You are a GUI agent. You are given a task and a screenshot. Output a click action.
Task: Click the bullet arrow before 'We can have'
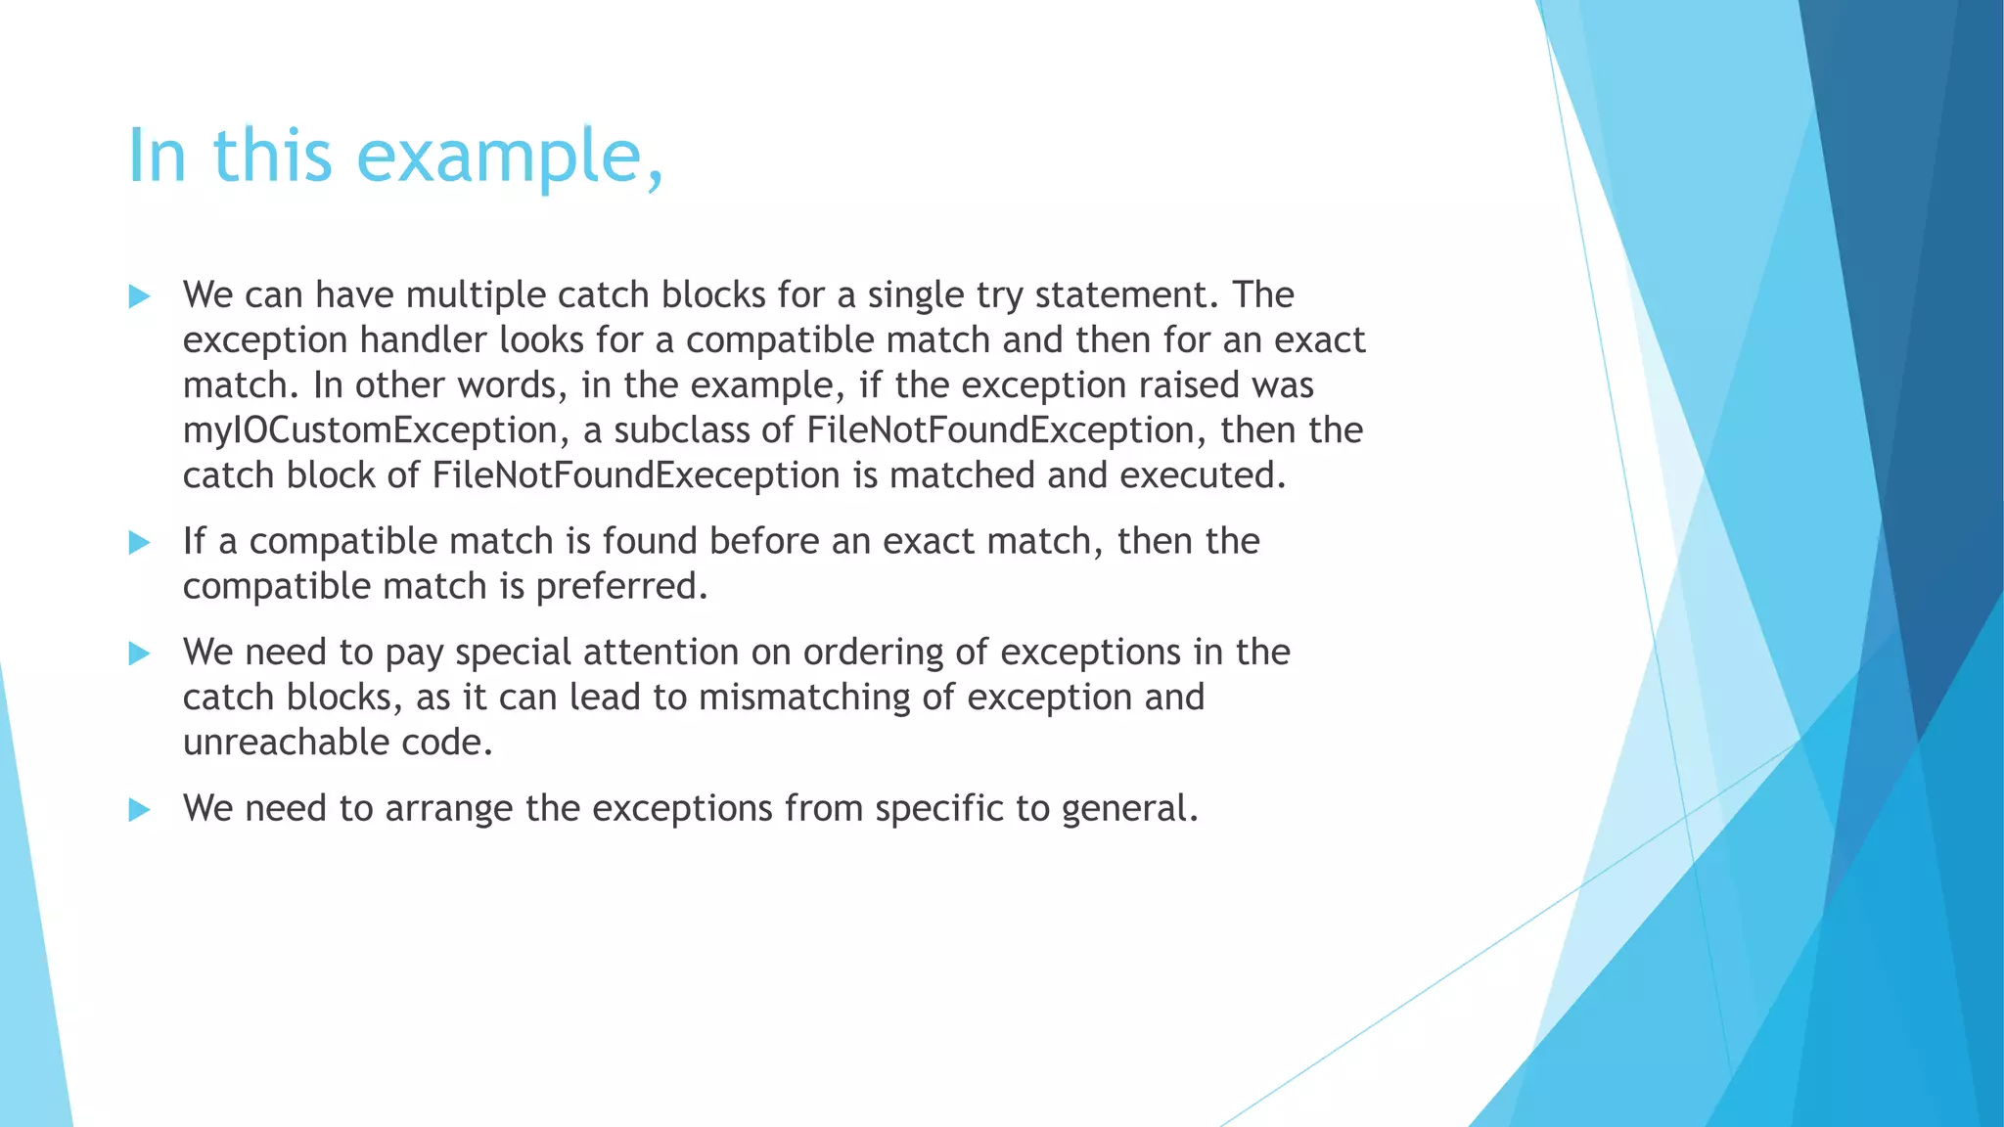tap(140, 296)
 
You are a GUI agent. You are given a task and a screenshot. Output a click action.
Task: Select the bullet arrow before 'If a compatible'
tap(140, 542)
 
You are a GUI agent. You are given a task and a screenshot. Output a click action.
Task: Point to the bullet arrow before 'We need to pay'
tap(140, 654)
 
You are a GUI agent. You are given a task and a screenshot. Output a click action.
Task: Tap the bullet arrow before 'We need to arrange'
tap(140, 809)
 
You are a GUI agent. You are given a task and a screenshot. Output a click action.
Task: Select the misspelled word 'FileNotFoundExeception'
tap(636, 475)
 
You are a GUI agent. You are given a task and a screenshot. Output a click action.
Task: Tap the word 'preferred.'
tap(621, 587)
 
